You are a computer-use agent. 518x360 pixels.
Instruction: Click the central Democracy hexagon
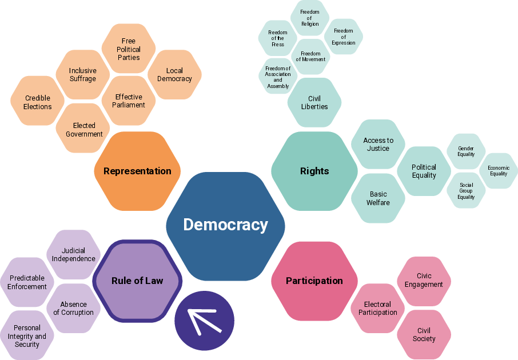click(x=225, y=226)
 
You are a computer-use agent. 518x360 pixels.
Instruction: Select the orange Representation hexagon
click(x=137, y=171)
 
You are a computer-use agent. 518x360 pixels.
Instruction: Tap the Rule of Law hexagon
click(x=137, y=281)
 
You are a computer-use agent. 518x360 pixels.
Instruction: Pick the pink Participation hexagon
click(x=314, y=281)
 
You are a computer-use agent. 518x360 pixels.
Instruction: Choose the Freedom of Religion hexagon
click(x=310, y=18)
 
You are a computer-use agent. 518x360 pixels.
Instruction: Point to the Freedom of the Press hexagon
click(x=277, y=38)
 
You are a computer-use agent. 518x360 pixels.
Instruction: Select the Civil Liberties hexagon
click(x=314, y=102)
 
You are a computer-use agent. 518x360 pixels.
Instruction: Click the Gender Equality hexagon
click(x=466, y=151)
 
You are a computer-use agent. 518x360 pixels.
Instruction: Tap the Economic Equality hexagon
click(x=499, y=171)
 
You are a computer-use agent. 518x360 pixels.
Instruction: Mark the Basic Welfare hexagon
click(x=378, y=198)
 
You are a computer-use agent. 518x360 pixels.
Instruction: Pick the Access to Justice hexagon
click(x=378, y=145)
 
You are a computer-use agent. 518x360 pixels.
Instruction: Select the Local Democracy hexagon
click(x=174, y=75)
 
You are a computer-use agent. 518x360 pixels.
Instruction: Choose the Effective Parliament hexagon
click(x=129, y=101)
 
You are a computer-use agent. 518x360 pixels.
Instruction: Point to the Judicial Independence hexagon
click(x=73, y=255)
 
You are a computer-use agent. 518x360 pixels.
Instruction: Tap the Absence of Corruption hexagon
click(x=73, y=309)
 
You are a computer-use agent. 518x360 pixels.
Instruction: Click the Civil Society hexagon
click(x=424, y=334)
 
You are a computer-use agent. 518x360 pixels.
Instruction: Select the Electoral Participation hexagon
click(x=377, y=309)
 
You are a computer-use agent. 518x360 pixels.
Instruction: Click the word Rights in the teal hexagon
click(x=314, y=171)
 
